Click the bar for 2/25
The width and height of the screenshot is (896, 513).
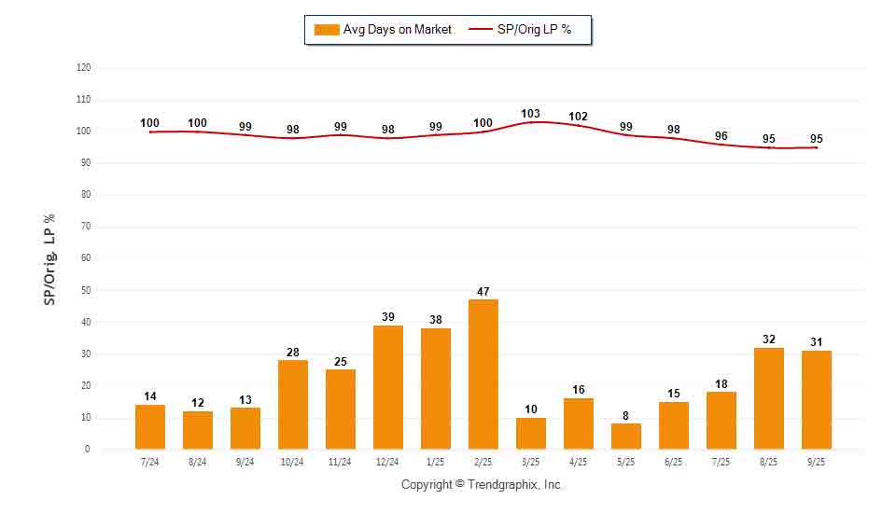click(483, 374)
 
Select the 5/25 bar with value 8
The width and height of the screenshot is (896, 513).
click(626, 437)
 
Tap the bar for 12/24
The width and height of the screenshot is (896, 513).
click(388, 387)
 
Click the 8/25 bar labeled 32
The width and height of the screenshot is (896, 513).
click(769, 398)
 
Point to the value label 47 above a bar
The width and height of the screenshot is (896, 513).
click(483, 292)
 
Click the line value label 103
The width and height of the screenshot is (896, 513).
click(530, 114)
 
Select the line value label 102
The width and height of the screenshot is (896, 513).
click(578, 117)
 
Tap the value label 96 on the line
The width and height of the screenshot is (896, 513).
click(721, 135)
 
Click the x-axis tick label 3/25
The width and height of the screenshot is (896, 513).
click(531, 461)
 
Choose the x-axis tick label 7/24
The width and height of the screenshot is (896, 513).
click(150, 461)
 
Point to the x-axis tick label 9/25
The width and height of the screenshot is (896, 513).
click(817, 461)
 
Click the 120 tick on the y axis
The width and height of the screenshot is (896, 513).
click(84, 68)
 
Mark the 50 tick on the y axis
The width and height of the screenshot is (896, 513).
click(85, 291)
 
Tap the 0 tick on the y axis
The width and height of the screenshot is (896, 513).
click(88, 450)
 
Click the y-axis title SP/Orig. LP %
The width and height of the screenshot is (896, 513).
click(49, 258)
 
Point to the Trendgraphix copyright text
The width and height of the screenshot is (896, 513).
click(483, 485)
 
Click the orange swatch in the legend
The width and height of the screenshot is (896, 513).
click(327, 30)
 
